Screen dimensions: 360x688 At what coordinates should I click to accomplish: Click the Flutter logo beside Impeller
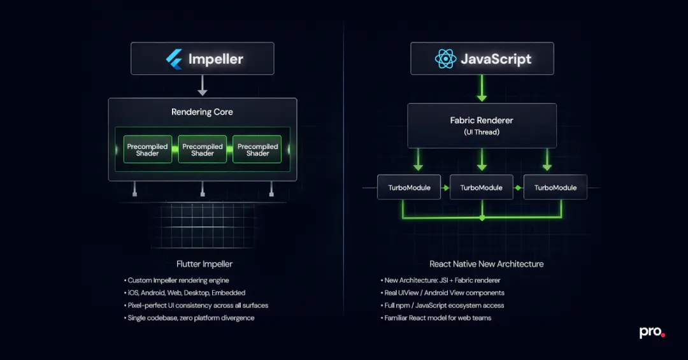pyautogui.click(x=174, y=59)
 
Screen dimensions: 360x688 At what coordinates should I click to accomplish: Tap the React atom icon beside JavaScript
pyautogui.click(x=445, y=59)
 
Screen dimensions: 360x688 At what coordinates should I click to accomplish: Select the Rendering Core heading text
pyautogui.click(x=202, y=112)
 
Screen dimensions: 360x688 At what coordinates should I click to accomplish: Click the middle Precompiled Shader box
pyautogui.click(x=203, y=150)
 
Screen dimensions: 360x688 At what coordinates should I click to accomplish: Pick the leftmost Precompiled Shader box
pyautogui.click(x=147, y=150)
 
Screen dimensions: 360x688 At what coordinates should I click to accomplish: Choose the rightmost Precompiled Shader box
pyautogui.click(x=257, y=150)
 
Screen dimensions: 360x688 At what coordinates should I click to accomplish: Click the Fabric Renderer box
pyautogui.click(x=482, y=125)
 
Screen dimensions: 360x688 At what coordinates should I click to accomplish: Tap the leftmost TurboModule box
pyautogui.click(x=409, y=187)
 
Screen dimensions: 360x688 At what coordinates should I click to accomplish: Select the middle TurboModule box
pyautogui.click(x=482, y=187)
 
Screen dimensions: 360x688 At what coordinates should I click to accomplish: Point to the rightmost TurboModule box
pyautogui.click(x=555, y=187)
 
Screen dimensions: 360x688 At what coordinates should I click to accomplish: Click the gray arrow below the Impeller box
pyautogui.click(x=203, y=85)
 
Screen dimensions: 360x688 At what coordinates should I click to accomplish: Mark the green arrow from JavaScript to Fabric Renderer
pyautogui.click(x=482, y=89)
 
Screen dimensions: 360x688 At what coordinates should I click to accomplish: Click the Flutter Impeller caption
pyautogui.click(x=204, y=264)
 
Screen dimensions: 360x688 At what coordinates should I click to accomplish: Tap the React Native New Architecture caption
pyautogui.click(x=486, y=264)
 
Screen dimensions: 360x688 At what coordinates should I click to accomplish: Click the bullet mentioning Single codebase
pyautogui.click(x=190, y=318)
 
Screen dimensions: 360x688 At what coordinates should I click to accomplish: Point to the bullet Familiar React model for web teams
pyautogui.click(x=438, y=318)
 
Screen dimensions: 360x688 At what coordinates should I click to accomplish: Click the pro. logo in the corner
pyautogui.click(x=652, y=333)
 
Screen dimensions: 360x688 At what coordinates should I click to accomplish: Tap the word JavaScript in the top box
pyautogui.click(x=496, y=59)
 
